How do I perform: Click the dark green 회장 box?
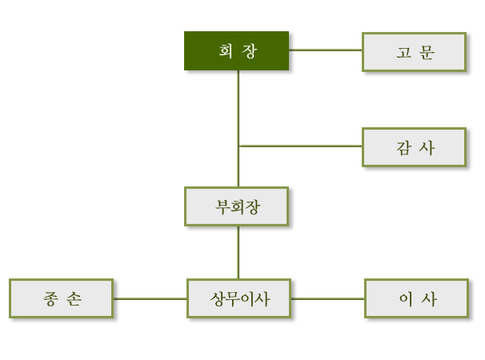pos(237,50)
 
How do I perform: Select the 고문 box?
pos(414,52)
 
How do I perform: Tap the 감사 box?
pos(414,147)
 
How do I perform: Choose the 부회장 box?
pos(237,206)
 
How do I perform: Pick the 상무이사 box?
pos(238,298)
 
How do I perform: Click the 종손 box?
pos(62,298)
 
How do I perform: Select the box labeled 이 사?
pos(417,298)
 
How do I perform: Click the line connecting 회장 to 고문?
pos(326,50)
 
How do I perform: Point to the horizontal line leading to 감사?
pos(300,146)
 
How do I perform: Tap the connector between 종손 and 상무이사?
pos(150,298)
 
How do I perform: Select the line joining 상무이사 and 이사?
pos(327,298)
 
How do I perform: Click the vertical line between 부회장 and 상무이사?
pos(238,252)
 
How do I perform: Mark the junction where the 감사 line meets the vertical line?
pos(238,146)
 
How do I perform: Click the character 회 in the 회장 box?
pos(226,50)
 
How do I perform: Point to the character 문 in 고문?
pos(427,52)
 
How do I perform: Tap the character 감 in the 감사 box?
pos(403,147)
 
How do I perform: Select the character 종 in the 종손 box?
pos(50,298)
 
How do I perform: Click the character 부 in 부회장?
pos(222,206)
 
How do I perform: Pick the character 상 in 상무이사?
pos(218,299)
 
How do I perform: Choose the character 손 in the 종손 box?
pos(74,298)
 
